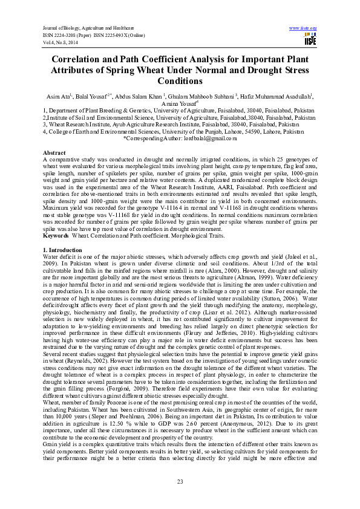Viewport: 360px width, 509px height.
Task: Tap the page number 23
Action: (180, 481)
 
